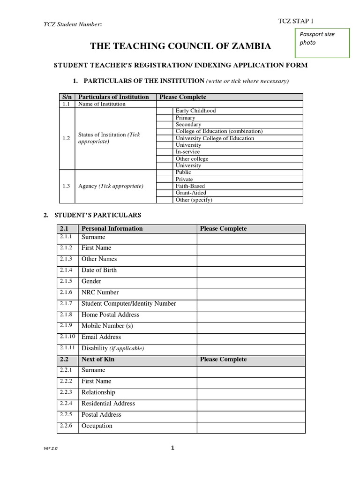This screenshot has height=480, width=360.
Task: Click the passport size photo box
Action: pyautogui.click(x=322, y=43)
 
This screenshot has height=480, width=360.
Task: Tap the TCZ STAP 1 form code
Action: pyautogui.click(x=296, y=21)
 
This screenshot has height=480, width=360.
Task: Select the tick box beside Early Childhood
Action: pyautogui.click(x=165, y=111)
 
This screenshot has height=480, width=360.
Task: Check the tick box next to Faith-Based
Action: pyautogui.click(x=165, y=186)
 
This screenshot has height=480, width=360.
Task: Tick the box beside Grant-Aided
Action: pyautogui.click(x=165, y=193)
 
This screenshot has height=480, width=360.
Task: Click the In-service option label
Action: pyautogui.click(x=187, y=152)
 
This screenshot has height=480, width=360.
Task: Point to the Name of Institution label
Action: pyautogui.click(x=102, y=104)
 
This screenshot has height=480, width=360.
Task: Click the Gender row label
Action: pyautogui.click(x=91, y=281)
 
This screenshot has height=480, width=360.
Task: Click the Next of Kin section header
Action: pyautogui.click(x=98, y=360)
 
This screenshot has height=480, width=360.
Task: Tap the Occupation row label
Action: pyautogui.click(x=97, y=426)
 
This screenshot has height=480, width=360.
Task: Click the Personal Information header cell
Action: pyautogui.click(x=112, y=229)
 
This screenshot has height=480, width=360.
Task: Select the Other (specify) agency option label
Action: pyautogui.click(x=194, y=200)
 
